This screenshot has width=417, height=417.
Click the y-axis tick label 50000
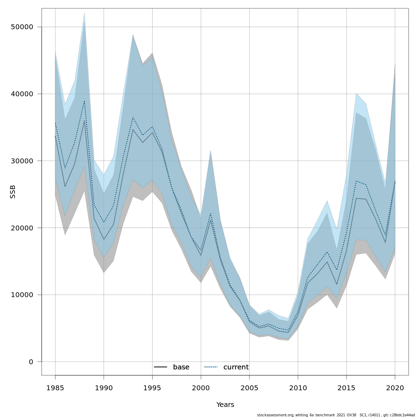pos(21,27)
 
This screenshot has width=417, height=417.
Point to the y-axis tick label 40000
pos(21,94)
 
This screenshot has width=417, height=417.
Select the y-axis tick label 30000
pos(21,161)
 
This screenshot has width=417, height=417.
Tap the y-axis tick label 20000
pos(21,228)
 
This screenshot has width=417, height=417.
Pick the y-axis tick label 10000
pos(21,295)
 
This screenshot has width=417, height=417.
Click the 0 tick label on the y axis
pos(31,362)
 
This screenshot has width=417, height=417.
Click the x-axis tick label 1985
pos(55,388)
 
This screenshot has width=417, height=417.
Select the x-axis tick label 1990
pos(104,388)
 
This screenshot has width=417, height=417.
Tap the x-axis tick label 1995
pos(152,388)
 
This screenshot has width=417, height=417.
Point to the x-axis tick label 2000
pos(201,388)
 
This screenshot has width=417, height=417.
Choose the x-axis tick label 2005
pos(249,388)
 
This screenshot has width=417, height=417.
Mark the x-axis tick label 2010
pos(298,388)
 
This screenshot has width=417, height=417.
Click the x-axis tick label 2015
pos(346,388)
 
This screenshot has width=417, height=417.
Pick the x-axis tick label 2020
pos(395,388)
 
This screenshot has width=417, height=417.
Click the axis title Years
pos(225,405)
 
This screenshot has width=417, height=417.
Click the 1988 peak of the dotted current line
pos(84,101)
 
